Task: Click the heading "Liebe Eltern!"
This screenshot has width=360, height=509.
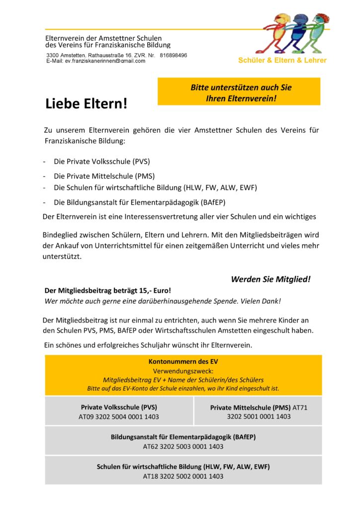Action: tap(87, 103)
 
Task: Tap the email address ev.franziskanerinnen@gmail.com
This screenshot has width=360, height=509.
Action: tap(105, 61)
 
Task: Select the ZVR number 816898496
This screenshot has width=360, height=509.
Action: tap(173, 55)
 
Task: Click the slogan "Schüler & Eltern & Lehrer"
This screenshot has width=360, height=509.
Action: tap(282, 61)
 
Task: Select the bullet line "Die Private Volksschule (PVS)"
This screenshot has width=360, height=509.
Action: tap(101, 162)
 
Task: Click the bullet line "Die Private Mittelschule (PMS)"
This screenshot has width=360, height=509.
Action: tap(104, 176)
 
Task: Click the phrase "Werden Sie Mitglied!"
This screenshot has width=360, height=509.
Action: tap(270, 279)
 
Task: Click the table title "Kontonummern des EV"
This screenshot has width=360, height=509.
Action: tap(183, 361)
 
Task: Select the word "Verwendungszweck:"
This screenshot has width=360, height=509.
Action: tap(183, 370)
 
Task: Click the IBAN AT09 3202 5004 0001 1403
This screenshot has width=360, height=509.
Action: tap(119, 417)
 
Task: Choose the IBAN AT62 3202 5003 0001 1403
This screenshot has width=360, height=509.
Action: tap(183, 446)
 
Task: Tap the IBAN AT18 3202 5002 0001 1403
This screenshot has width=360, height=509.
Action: tap(183, 476)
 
